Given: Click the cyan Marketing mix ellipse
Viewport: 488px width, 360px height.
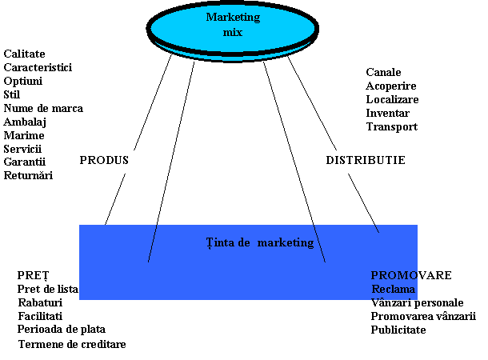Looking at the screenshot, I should pos(232,26).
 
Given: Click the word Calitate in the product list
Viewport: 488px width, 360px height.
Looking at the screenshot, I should pos(25,54).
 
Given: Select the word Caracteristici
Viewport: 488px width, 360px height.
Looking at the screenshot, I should pos(38,67).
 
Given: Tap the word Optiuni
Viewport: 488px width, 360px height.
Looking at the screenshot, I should pos(23,81).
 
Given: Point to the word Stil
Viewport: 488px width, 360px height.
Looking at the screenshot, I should pos(12,94).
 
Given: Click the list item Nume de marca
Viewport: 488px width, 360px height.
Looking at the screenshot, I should pos(43,108).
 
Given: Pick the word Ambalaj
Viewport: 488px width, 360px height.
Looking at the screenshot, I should pos(25,122).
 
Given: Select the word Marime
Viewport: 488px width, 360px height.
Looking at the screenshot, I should pos(24,135).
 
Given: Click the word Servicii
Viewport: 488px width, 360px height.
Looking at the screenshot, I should pos(22,149).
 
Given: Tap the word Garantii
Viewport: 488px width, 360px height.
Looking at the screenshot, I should pos(25,162).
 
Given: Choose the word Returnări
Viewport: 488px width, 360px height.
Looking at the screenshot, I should pos(28,175).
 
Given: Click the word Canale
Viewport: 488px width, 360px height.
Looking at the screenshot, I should pos(384,72).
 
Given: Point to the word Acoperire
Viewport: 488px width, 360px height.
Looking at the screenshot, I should pos(391,86).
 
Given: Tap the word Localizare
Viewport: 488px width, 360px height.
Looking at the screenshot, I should pos(393,99).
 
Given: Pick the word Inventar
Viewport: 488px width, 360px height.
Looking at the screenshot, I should pos(388,113).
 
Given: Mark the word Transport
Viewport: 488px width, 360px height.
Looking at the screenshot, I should pos(392,126).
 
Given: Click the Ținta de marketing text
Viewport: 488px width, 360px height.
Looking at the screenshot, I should pos(259,242).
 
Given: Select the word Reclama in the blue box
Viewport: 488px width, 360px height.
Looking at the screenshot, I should pos(394,289).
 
